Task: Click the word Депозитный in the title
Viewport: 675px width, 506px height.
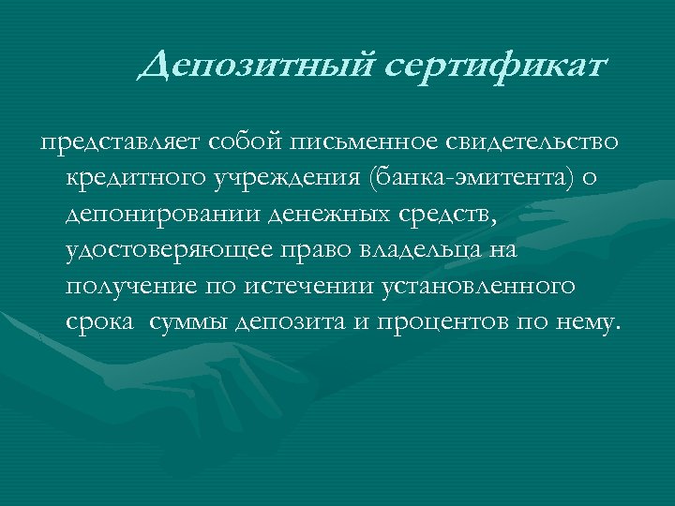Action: tap(253, 66)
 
